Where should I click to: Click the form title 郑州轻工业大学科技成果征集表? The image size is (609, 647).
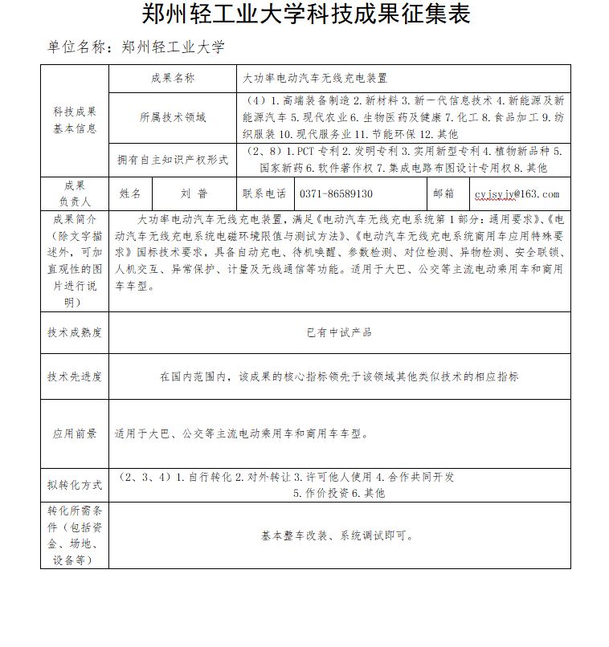coord(305,14)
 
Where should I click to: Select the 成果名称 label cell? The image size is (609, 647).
coord(172,79)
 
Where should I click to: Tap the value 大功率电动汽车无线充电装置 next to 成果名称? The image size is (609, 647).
coord(315,79)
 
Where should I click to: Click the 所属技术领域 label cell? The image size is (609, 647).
coord(172,117)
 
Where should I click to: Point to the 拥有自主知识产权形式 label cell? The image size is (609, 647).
coord(172,160)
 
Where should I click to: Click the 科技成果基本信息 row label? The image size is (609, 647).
coord(74,120)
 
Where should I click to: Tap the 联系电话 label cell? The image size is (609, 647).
coord(264,193)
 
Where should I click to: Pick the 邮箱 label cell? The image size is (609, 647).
coord(443,193)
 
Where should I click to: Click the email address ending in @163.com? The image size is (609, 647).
coord(517,194)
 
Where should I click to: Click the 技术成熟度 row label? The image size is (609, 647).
coord(74,332)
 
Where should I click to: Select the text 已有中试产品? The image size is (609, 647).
coord(339,332)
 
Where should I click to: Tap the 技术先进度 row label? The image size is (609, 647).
coord(74,376)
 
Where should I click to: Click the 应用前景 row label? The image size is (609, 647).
coord(74,433)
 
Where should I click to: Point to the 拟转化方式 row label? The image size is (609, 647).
coord(74,485)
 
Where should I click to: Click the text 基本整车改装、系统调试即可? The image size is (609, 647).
coord(338,536)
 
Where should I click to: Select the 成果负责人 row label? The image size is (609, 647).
coord(74,193)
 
